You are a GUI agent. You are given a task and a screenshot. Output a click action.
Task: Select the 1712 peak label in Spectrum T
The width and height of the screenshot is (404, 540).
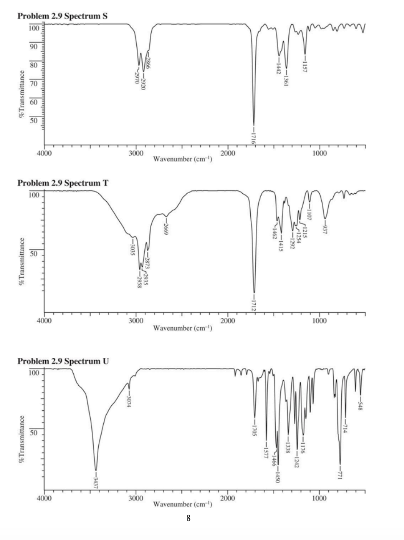pyautogui.click(x=255, y=305)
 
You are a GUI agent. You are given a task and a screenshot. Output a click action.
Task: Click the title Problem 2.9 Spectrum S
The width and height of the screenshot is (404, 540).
pyautogui.click(x=62, y=16)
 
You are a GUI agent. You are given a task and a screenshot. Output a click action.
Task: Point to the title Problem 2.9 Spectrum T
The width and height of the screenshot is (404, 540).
pyautogui.click(x=62, y=183)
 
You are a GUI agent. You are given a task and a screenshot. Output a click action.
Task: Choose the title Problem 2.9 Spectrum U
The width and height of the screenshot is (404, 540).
pyautogui.click(x=63, y=361)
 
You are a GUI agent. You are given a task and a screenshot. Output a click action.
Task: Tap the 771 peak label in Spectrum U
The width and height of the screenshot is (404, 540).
pyautogui.click(x=340, y=473)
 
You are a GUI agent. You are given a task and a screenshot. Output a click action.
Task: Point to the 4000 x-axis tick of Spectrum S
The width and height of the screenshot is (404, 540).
pyautogui.click(x=44, y=153)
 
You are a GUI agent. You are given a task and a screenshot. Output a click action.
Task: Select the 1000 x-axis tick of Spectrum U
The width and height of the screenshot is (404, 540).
pyautogui.click(x=320, y=498)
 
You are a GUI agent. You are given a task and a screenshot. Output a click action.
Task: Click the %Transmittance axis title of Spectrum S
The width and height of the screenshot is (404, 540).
pyautogui.click(x=21, y=93)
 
